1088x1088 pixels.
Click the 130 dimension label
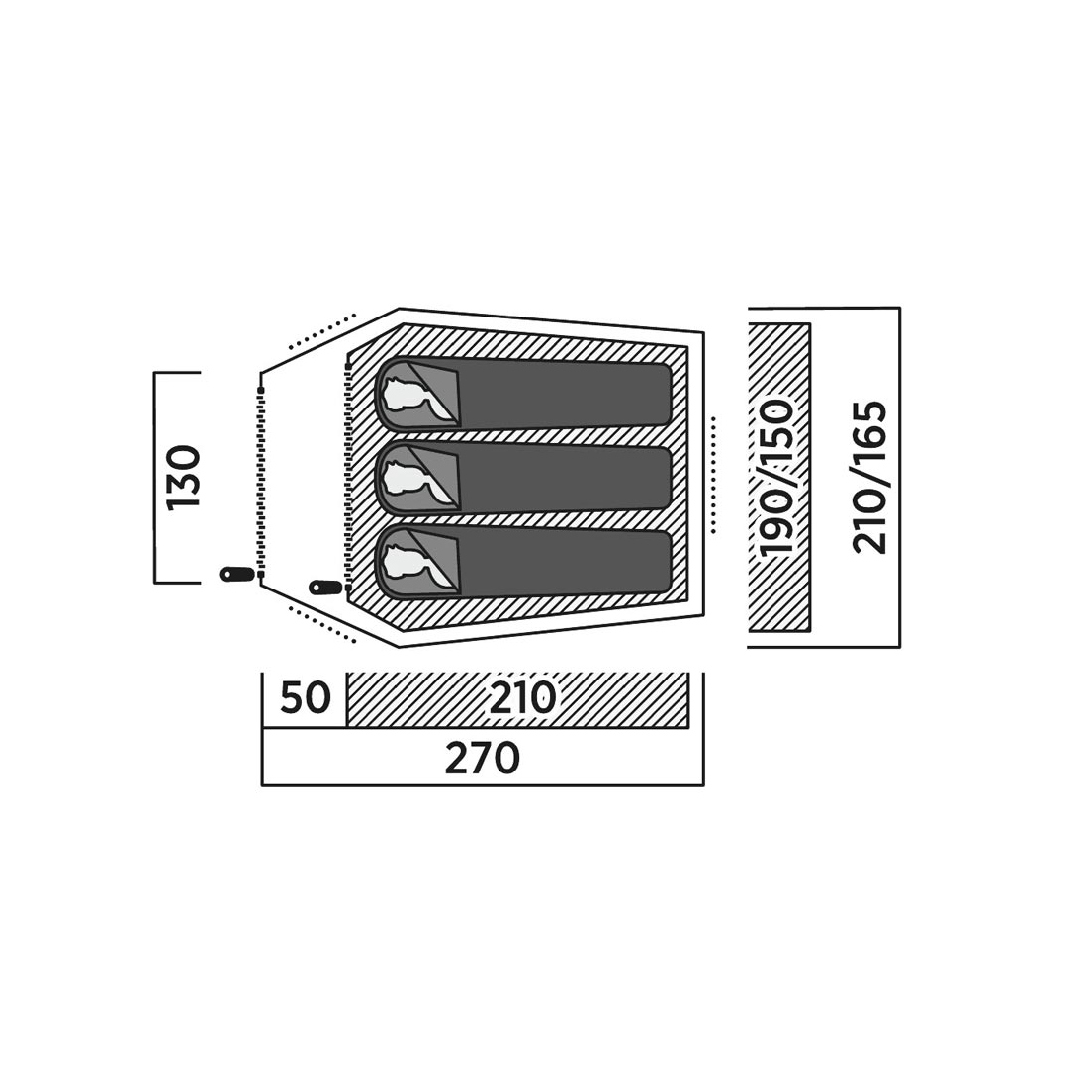(x=185, y=477)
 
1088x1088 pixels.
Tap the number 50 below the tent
(x=306, y=698)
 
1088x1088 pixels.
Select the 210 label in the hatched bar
(x=522, y=698)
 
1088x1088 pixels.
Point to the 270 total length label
(x=482, y=759)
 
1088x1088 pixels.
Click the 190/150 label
(x=776, y=478)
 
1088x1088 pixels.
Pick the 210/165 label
(x=870, y=478)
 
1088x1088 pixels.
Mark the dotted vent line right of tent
(x=712, y=476)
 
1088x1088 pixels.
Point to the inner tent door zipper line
(x=347, y=476)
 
